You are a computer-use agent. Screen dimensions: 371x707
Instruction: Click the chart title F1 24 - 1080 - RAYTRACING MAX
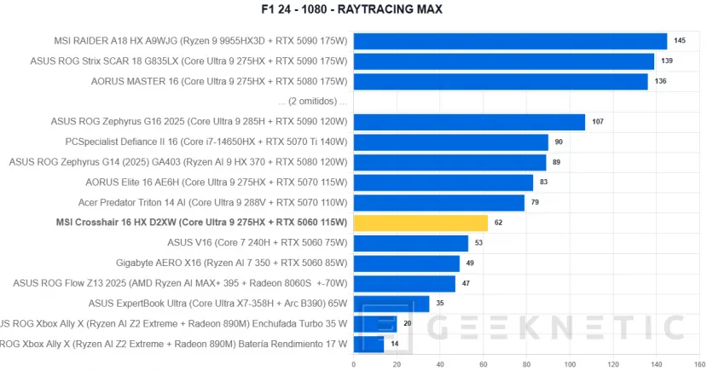point(353,9)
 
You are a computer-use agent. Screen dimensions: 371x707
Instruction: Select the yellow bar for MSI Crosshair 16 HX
point(420,223)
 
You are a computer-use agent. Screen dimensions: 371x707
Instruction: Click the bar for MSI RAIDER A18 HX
point(510,41)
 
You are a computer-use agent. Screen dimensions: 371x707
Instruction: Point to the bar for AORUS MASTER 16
point(501,82)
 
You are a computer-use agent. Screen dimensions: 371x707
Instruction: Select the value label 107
point(598,122)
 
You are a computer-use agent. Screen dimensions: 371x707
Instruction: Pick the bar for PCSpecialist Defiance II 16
point(450,142)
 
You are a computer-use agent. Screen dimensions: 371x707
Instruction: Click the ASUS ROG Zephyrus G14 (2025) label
point(178,162)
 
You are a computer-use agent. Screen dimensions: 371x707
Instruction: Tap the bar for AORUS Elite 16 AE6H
point(443,183)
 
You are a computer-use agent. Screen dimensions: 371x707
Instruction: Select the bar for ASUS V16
point(410,243)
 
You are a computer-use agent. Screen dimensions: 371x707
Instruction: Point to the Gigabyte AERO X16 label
point(232,264)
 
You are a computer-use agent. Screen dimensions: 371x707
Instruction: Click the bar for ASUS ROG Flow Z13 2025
point(404,284)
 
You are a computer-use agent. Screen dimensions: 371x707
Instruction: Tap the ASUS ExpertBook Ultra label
point(218,304)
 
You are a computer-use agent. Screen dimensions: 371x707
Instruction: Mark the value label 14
point(395,345)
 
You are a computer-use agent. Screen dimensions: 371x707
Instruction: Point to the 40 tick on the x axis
point(439,364)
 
